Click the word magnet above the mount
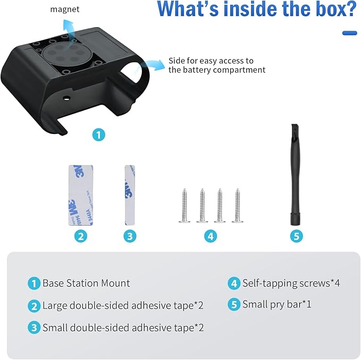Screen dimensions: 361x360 coord(65,9)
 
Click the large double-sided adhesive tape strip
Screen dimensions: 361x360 coord(81,195)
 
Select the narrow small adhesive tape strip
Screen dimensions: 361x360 coord(130,195)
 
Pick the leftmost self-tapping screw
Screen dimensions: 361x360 coord(184,205)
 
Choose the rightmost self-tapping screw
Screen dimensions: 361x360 coord(237,205)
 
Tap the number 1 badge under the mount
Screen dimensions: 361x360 coord(99,135)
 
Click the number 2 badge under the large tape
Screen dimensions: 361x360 coord(81,236)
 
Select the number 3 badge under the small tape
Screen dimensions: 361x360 coord(130,236)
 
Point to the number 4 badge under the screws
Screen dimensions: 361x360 coord(211,236)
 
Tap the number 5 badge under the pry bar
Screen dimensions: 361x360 coord(297,236)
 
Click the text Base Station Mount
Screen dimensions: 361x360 coord(86,283)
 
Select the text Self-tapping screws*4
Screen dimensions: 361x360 coord(291,283)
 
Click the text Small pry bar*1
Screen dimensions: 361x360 coord(277,304)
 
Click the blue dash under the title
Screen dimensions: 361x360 coord(349,33)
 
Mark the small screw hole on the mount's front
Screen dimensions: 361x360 coord(67,98)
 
